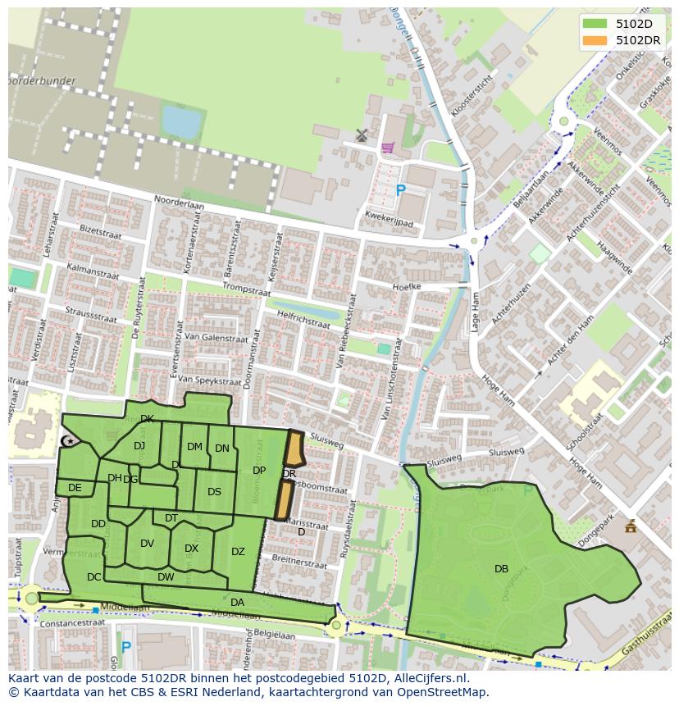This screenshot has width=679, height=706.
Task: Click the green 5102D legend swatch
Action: [x=595, y=23]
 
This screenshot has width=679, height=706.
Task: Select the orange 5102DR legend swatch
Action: [x=595, y=39]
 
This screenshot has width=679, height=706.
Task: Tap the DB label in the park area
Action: [x=501, y=568]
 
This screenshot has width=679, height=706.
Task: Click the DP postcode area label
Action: [x=259, y=471]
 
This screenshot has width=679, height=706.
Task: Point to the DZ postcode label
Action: [x=238, y=552]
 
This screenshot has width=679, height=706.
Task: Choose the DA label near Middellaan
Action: [x=237, y=602]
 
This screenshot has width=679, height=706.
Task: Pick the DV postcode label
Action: [x=148, y=543]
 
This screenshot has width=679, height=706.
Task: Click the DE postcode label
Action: [x=75, y=488]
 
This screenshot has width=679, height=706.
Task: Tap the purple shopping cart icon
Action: [x=387, y=148]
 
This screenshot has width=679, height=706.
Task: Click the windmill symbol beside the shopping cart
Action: [x=362, y=134]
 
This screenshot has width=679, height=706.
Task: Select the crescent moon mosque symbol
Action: [x=69, y=442]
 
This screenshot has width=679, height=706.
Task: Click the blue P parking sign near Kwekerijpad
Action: [x=400, y=191]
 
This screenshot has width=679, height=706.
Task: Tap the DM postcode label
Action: [x=194, y=447]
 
